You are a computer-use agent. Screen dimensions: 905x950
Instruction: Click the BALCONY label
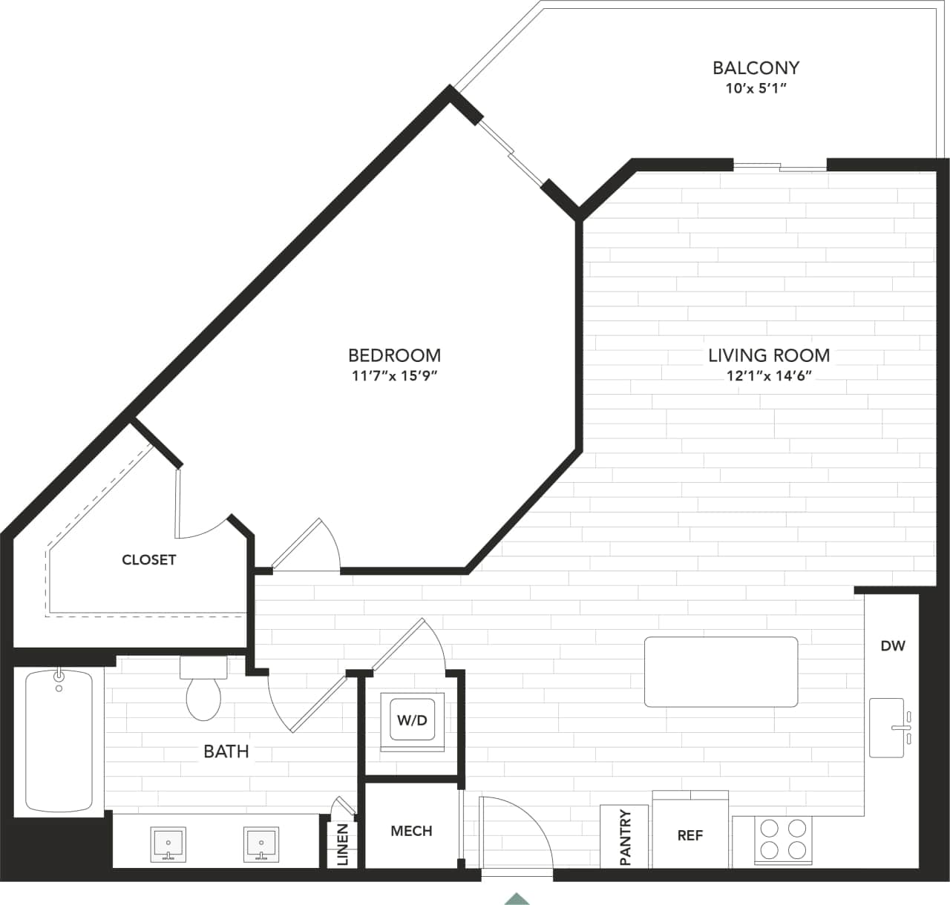[756, 68]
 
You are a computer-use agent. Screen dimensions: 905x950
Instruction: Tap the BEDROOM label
[394, 355]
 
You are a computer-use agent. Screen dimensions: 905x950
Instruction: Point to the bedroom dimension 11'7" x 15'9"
[394, 376]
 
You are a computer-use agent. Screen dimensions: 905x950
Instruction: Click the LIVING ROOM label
[769, 355]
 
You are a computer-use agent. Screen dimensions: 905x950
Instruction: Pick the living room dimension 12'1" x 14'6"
[769, 376]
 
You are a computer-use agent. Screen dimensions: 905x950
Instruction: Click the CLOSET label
[148, 560]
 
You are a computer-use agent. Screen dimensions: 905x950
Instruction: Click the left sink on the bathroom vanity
[168, 845]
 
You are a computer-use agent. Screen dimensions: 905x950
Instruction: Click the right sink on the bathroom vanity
[261, 845]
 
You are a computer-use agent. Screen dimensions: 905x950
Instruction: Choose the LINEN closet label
[343, 844]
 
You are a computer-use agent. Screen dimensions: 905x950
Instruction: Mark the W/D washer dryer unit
[412, 721]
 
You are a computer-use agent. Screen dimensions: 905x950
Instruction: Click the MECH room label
[411, 831]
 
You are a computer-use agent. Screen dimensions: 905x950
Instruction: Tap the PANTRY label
[625, 837]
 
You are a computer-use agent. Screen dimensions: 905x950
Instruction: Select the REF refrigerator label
[689, 835]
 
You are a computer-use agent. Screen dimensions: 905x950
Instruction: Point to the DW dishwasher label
[893, 645]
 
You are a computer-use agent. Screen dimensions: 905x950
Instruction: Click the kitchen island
[721, 672]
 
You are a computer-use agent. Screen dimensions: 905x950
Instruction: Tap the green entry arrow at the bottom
[517, 898]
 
